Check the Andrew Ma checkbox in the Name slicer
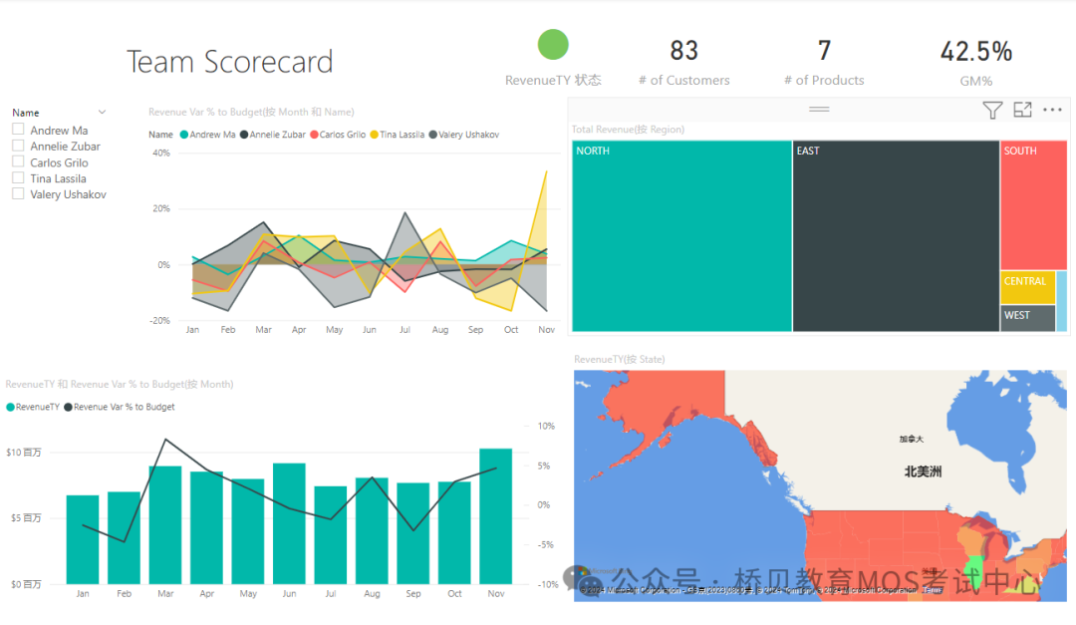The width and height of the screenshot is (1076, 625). coord(18,131)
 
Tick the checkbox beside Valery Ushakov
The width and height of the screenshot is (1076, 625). coord(18,194)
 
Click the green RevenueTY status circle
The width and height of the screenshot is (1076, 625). coord(553,45)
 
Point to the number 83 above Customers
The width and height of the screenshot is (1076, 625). coord(683,51)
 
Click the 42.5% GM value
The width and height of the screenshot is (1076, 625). coord(976,51)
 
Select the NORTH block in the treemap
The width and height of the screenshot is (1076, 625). coord(681,236)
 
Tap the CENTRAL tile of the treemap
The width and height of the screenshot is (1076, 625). coord(1027,287)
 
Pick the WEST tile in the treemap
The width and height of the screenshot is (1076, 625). coord(1027,318)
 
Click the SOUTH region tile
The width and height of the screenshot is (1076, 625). coord(1033,204)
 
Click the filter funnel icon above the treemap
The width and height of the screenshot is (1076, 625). coord(992,111)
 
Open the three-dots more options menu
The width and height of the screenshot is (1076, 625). coord(1052,111)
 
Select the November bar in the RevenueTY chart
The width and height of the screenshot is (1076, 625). coord(495,516)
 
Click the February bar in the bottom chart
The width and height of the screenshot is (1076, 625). coord(124,537)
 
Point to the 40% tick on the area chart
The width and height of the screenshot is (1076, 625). coord(160,154)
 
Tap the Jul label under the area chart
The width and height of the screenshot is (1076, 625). coord(404,330)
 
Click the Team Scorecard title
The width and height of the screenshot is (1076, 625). coord(230,62)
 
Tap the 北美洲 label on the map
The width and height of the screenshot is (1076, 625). coord(923,471)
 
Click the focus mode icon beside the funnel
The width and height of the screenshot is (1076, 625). coord(1022,111)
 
